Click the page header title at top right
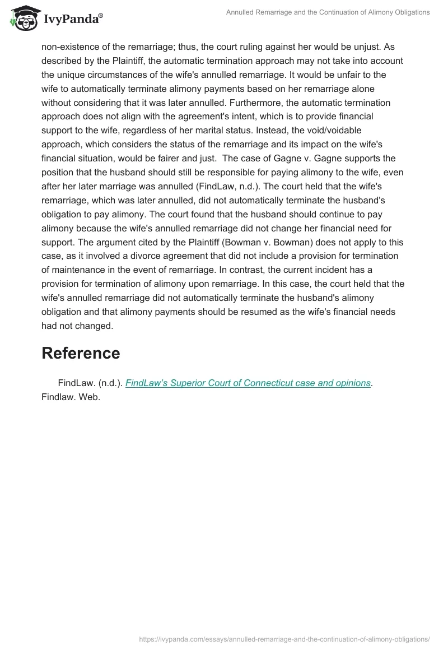point(328,12)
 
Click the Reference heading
point(81,353)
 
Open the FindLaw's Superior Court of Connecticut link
point(248,383)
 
